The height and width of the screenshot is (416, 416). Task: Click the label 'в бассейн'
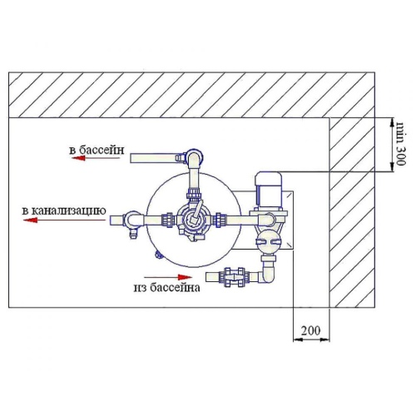pyautogui.click(x=97, y=150)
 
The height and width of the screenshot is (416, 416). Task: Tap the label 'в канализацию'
pyautogui.click(x=64, y=210)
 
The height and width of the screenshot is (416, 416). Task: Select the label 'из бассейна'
pyautogui.click(x=166, y=288)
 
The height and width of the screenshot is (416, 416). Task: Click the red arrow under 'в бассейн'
pyautogui.click(x=96, y=158)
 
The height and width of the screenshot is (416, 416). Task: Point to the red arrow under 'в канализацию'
pyautogui.click(x=64, y=220)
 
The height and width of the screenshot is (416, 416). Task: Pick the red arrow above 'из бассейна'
pyautogui.click(x=168, y=277)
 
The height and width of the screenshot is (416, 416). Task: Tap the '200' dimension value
pyautogui.click(x=310, y=330)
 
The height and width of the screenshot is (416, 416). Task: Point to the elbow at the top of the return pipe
pyautogui.click(x=194, y=157)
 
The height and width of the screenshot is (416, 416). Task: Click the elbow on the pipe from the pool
pyautogui.click(x=267, y=275)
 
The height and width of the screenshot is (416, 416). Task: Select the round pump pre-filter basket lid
pyautogui.click(x=269, y=241)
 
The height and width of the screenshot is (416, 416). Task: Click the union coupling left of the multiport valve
pyautogui.click(x=168, y=220)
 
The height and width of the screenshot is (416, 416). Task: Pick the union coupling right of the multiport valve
pyautogui.click(x=220, y=220)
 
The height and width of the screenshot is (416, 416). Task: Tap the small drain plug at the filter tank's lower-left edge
pyautogui.click(x=158, y=254)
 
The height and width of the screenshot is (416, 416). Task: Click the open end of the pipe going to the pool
pyautogui.click(x=131, y=159)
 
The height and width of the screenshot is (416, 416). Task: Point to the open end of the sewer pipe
pyautogui.click(x=111, y=220)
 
